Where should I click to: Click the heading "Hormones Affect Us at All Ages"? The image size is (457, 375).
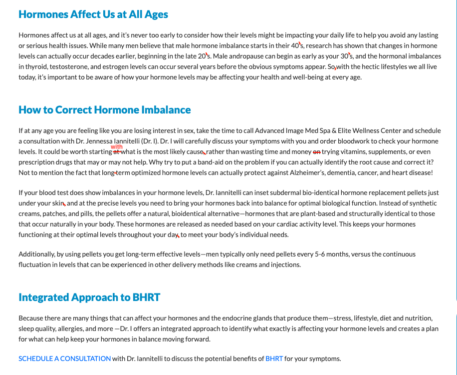coord(93,14)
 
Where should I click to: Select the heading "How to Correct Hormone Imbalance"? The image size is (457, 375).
coord(105,110)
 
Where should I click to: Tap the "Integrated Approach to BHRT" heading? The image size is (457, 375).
coord(89,297)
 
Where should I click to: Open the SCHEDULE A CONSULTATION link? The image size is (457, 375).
coord(65,358)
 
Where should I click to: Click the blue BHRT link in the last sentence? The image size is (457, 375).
coord(274,358)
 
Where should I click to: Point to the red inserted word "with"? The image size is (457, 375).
coord(117,147)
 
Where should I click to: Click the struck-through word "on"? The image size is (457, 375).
coord(316,151)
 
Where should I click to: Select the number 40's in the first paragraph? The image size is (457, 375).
coord(297,46)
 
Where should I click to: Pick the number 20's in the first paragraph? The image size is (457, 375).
coord(205,56)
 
